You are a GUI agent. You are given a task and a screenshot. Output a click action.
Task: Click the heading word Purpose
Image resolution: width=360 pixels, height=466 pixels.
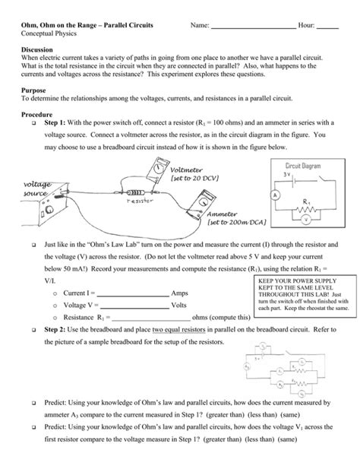34,89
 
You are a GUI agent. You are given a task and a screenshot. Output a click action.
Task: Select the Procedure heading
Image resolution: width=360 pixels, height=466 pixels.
39,114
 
